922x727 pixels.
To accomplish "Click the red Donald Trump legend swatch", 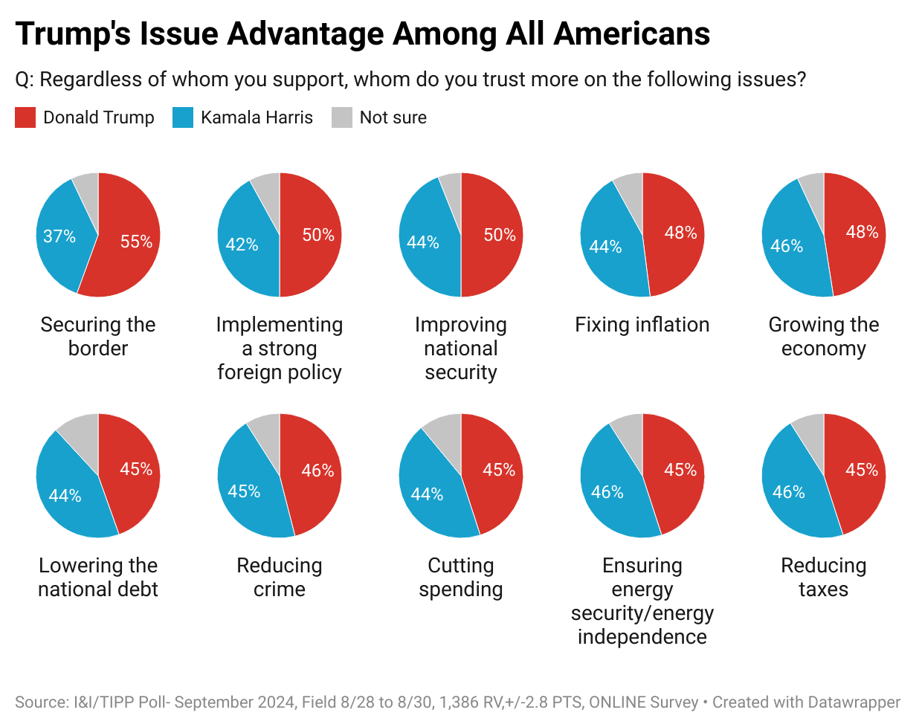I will point(25,117).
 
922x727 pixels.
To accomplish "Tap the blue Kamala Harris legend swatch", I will point(183,117).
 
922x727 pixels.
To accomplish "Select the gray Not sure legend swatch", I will point(342,117).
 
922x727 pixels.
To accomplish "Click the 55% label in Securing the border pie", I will point(136,242).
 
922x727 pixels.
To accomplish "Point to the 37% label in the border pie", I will point(59,236).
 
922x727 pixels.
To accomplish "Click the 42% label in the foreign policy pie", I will point(242,245).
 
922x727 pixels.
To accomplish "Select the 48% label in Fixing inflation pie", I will point(680,233).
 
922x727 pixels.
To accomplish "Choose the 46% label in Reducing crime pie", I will point(317,471).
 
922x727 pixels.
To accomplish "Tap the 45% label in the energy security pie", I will point(680,470).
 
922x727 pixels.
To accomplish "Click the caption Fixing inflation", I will point(642,325).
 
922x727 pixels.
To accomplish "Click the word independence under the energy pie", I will point(642,637).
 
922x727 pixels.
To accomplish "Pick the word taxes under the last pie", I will point(824,589).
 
